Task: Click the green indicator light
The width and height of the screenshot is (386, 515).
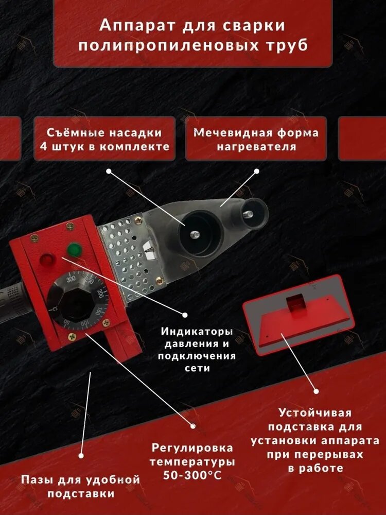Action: [x=74, y=250]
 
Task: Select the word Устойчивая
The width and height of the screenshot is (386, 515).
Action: [x=315, y=413]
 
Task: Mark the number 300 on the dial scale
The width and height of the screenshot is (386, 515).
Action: [x=71, y=279]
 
